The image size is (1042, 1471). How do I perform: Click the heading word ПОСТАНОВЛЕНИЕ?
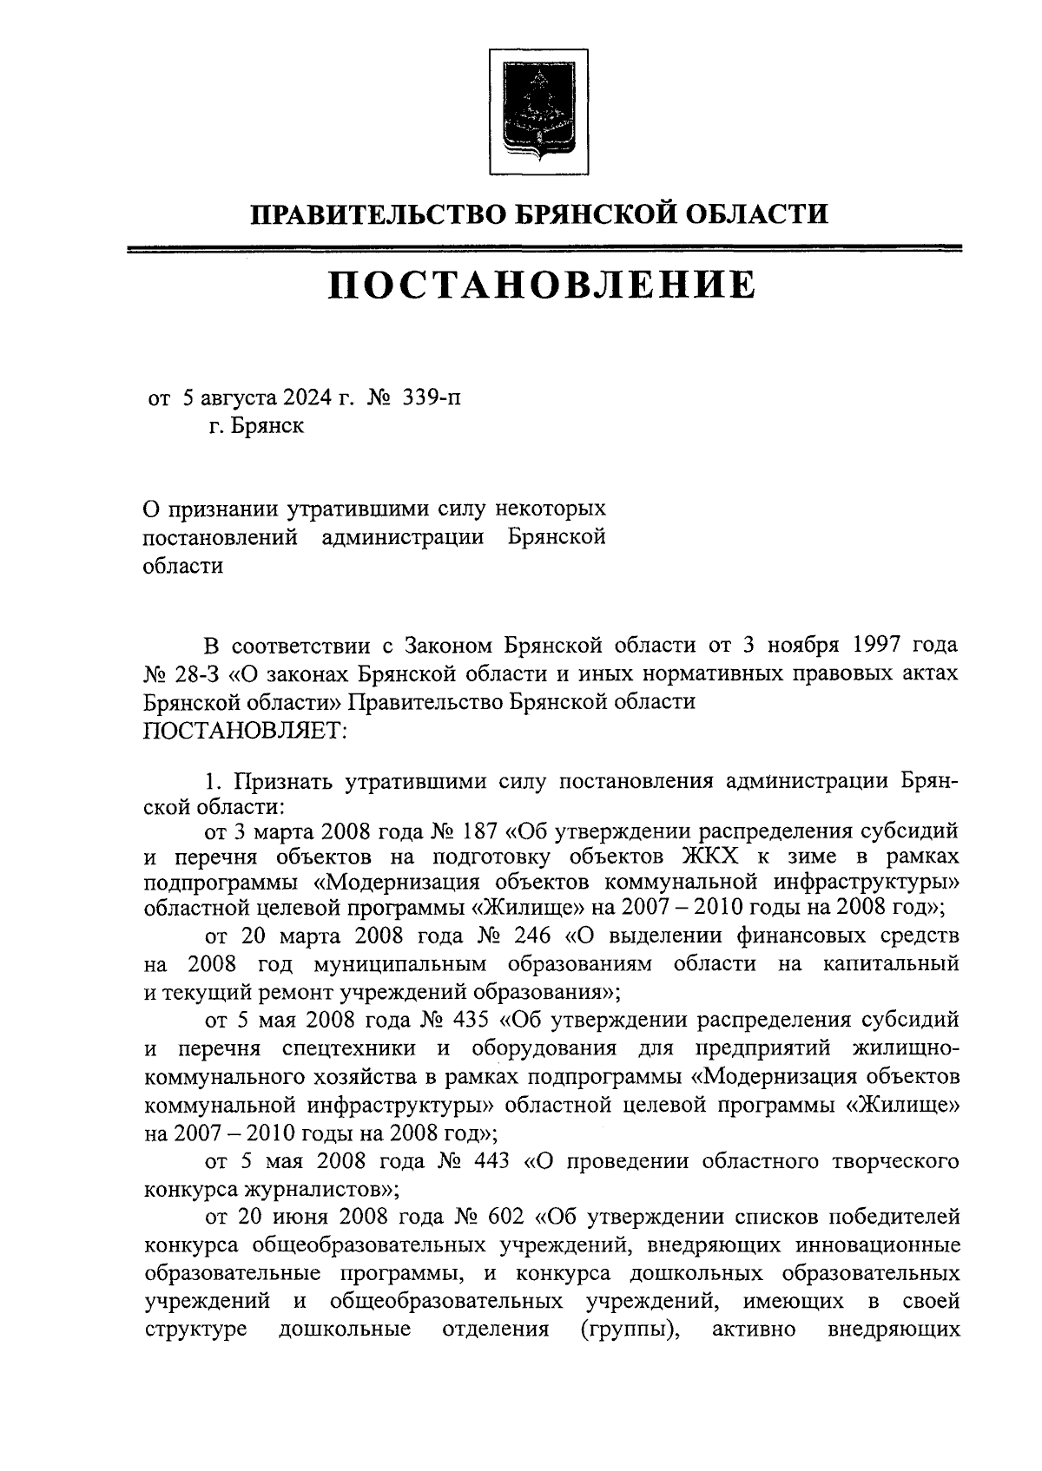tap(542, 285)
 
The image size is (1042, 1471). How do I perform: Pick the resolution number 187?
tap(474, 831)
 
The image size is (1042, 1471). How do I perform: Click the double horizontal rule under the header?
tap(544, 250)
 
